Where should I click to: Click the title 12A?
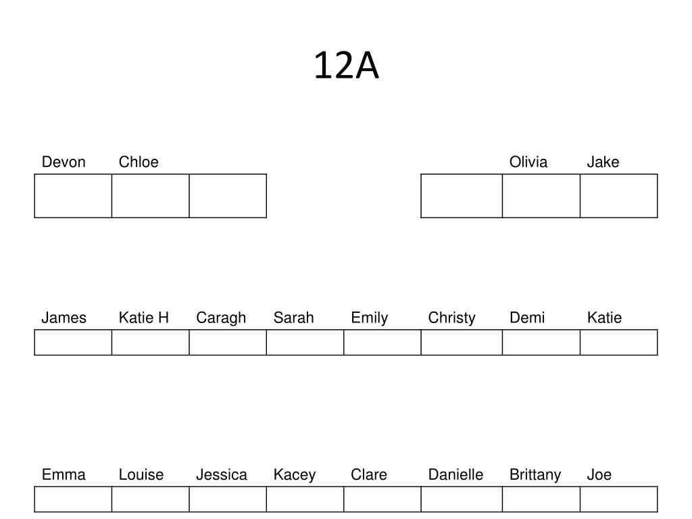click(x=347, y=66)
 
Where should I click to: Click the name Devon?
click(x=64, y=162)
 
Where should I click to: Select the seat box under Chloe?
click(x=151, y=196)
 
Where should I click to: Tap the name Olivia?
click(x=528, y=162)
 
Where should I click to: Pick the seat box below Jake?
click(x=619, y=196)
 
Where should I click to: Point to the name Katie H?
click(x=144, y=318)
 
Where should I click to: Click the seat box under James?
click(x=73, y=343)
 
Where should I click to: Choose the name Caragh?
click(x=221, y=318)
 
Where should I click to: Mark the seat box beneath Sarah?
click(x=305, y=343)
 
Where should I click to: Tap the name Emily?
click(x=370, y=318)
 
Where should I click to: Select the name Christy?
click(x=452, y=318)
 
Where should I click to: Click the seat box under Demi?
click(x=541, y=343)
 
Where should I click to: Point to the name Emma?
click(x=64, y=475)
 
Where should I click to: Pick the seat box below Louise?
click(x=151, y=499)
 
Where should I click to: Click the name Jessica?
click(x=222, y=475)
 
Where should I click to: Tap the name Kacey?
click(x=295, y=475)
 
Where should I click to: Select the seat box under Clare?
click(x=382, y=499)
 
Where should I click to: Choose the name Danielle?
click(x=456, y=475)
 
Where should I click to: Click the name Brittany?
click(x=535, y=475)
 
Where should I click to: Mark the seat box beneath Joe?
click(x=619, y=499)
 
